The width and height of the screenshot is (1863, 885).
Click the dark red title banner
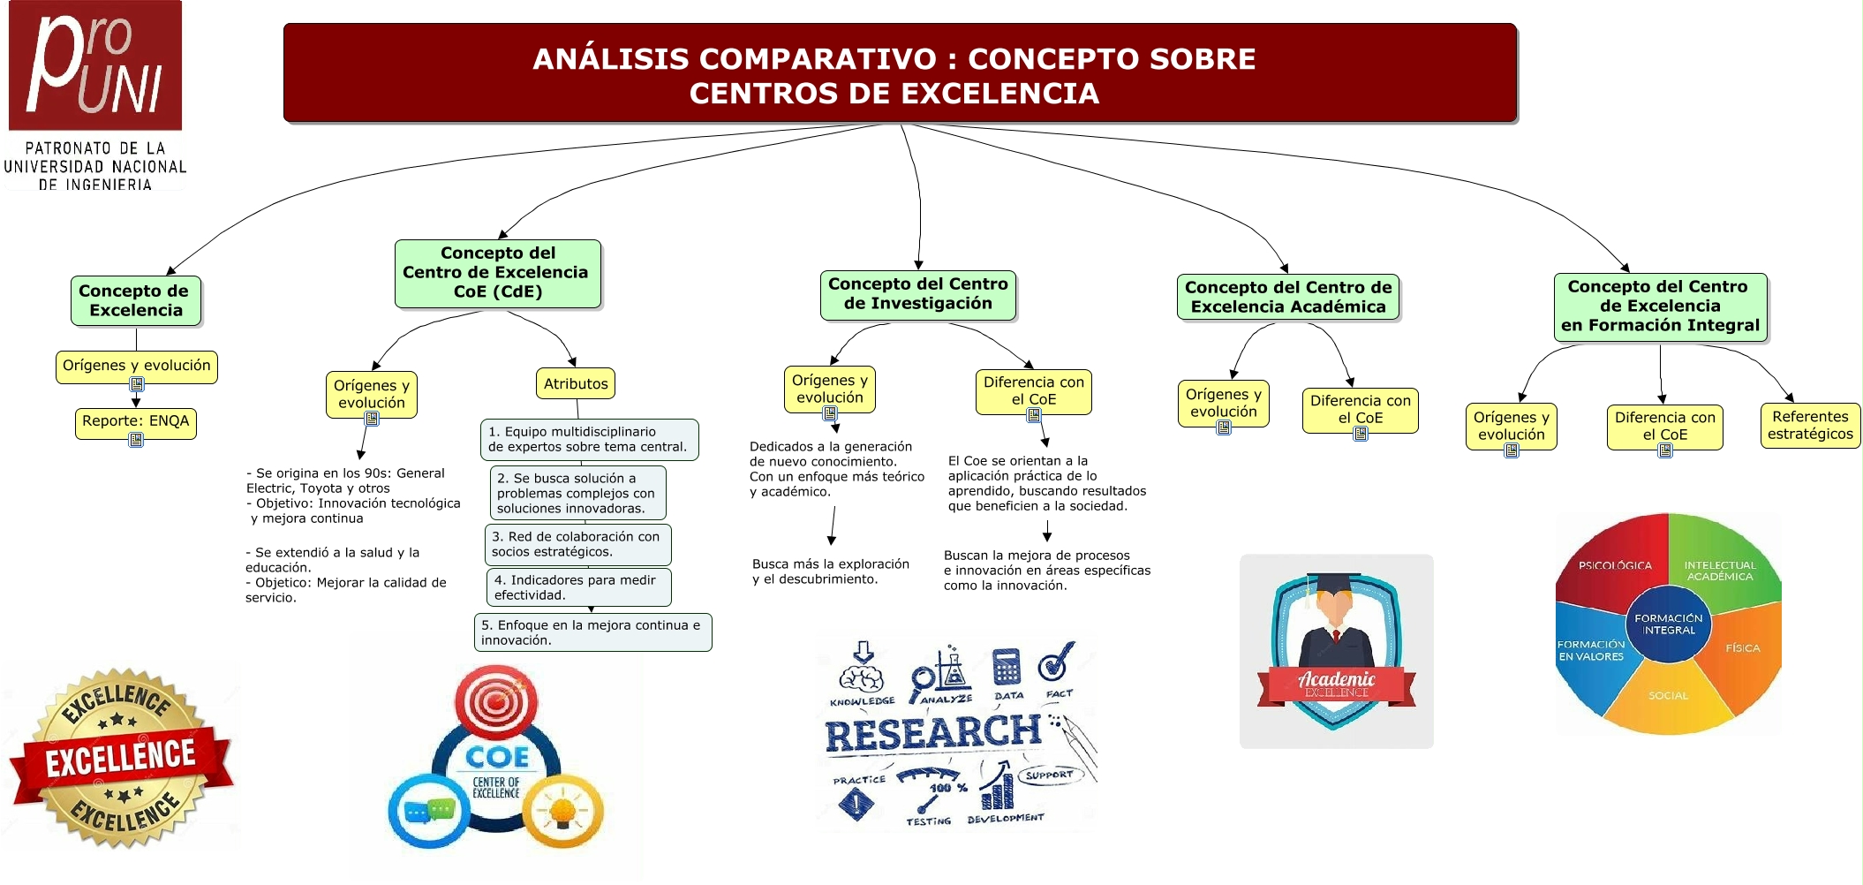tap(899, 73)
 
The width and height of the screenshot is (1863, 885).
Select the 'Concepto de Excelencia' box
tap(136, 300)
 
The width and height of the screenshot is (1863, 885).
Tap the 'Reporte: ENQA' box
tap(135, 421)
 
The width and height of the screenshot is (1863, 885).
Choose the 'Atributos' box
tap(576, 384)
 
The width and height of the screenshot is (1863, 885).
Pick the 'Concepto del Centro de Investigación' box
tap(917, 294)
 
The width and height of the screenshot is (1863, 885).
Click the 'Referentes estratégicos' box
tap(1809, 426)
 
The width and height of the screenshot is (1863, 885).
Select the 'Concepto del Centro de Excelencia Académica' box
tap(1287, 297)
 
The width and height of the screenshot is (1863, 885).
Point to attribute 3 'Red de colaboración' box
tap(577, 544)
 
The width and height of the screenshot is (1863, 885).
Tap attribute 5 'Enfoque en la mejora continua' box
tap(592, 632)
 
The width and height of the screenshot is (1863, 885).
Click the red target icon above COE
tap(495, 701)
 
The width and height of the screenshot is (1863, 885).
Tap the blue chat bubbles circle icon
tap(429, 810)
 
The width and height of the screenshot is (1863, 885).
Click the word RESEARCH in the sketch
tap(932, 734)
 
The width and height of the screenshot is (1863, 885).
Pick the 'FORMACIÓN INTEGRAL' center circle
tap(1668, 624)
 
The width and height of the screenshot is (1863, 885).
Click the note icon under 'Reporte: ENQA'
tap(136, 440)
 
